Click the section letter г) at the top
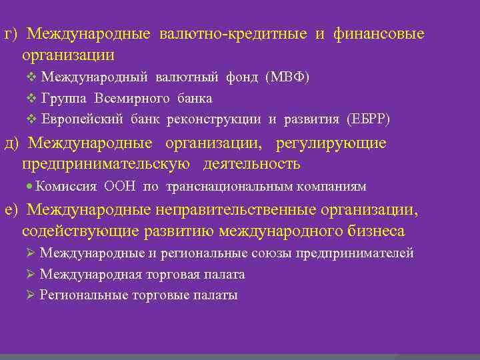click(12, 34)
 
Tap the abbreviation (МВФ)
click(287, 77)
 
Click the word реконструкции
click(223, 119)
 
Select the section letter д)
click(13, 143)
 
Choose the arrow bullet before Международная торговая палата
click(30, 275)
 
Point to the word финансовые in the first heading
click(383, 34)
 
